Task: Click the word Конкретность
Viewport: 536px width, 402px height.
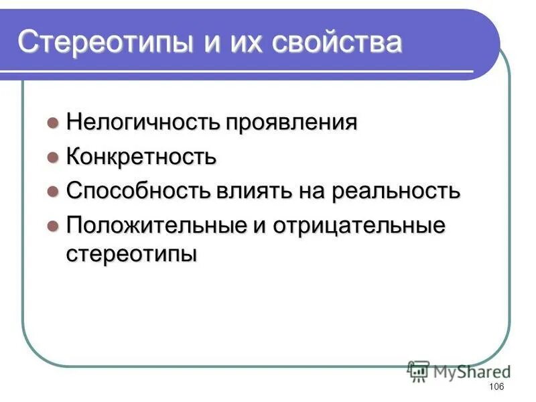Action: pos(141,157)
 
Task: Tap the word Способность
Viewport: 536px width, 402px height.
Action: pos(138,191)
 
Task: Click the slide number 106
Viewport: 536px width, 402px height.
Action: pos(496,387)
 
